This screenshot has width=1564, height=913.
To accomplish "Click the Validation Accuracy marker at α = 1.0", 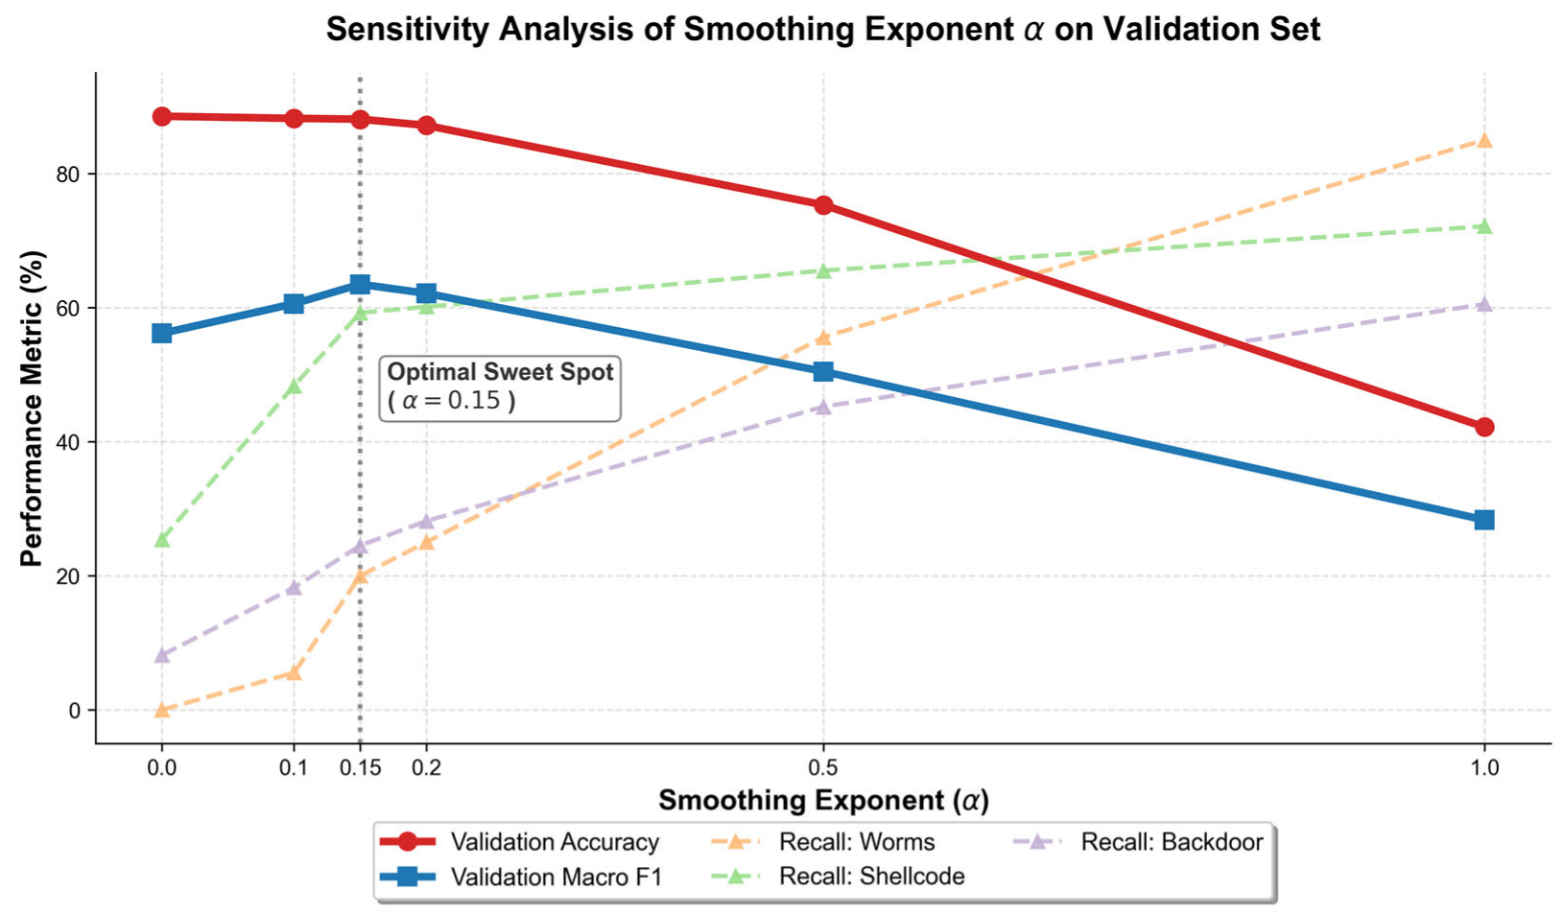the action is coord(1484,427).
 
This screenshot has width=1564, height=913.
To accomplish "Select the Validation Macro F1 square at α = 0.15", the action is coord(360,284).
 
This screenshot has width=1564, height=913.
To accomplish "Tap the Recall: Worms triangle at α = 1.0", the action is coord(1484,140).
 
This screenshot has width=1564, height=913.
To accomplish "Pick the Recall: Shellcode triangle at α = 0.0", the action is coord(162,539).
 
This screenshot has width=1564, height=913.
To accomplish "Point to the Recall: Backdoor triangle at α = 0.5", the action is coord(824,407).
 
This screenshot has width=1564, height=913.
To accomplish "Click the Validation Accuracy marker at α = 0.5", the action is coord(824,204).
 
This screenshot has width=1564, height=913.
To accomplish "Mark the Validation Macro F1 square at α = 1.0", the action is coord(1484,520).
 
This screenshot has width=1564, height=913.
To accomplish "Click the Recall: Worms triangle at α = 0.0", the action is coord(162,709).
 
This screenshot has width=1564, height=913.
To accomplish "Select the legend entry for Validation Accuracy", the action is coord(519,842).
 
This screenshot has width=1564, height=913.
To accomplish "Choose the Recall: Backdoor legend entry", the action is coord(1138,842).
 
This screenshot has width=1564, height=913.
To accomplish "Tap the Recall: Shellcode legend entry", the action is coord(837,876).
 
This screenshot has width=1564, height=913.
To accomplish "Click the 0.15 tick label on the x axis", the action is coord(360,768).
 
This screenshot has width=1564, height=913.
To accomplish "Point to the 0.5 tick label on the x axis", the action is coord(824,768).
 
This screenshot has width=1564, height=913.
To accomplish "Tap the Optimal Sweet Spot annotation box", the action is coord(500,388).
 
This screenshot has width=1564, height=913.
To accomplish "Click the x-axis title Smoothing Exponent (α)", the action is coord(824,801).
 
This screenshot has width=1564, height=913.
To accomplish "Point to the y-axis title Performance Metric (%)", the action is coord(32,409).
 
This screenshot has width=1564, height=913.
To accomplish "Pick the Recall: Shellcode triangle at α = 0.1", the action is coord(294,386).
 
